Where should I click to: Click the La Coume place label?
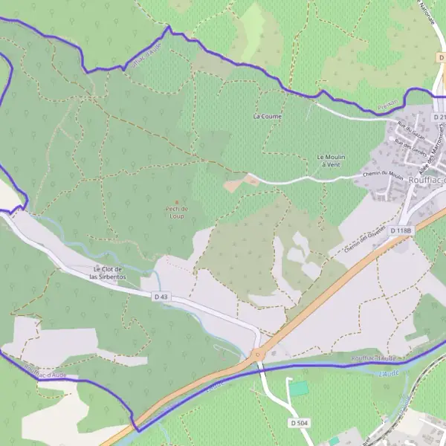(x=268, y=116)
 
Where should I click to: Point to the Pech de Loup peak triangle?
(x=176, y=202)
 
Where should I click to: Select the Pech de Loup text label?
(x=176, y=213)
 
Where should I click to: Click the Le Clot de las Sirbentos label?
(x=108, y=272)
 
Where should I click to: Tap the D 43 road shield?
(x=161, y=297)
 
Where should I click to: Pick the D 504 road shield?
(x=298, y=422)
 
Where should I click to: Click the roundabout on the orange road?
(x=258, y=355)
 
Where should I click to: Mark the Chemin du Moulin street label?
(x=384, y=175)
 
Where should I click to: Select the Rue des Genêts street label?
(x=408, y=146)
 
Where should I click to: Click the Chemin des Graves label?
(x=365, y=242)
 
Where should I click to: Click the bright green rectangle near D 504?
(x=298, y=388)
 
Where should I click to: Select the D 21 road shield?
(x=439, y=117)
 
